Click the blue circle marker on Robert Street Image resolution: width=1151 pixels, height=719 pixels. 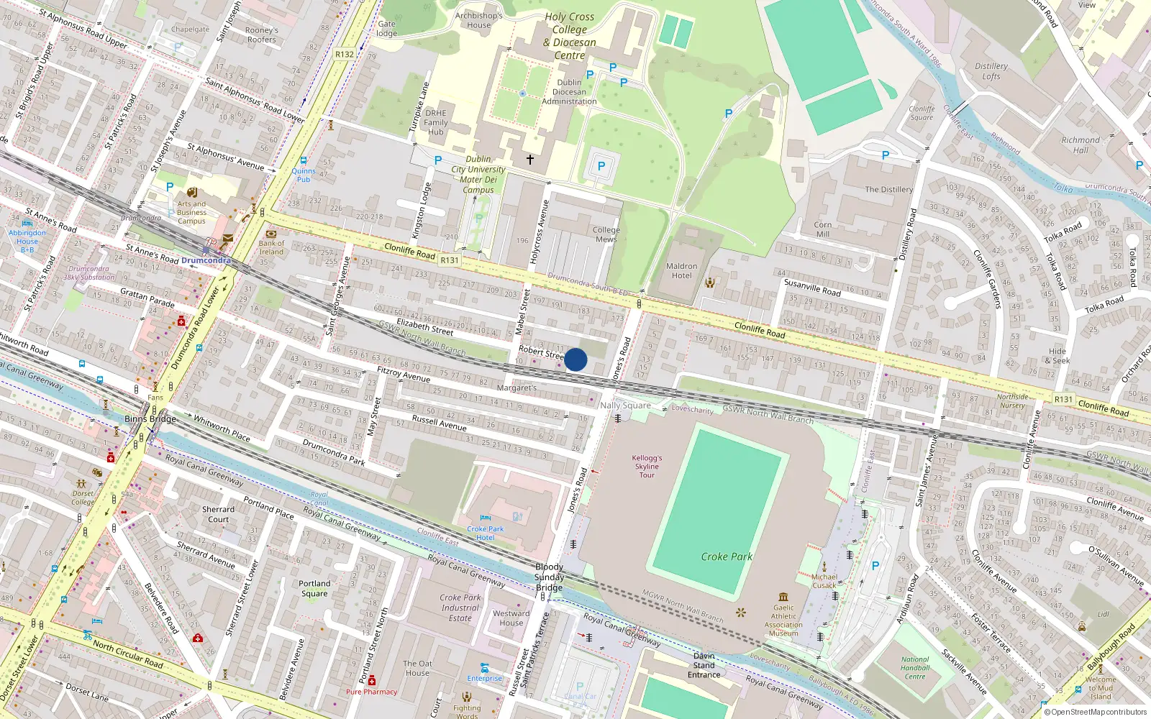pos(575,359)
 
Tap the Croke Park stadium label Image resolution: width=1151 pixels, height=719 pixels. pos(727,557)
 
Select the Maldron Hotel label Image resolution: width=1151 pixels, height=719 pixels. pos(681,271)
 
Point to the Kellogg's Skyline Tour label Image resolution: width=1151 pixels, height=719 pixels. pos(647,466)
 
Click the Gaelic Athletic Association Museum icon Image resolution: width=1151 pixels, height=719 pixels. pos(783,597)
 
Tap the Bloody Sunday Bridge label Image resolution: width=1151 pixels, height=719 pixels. pos(549,577)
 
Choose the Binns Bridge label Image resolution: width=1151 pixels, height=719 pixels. pos(150,418)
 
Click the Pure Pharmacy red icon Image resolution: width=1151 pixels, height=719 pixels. pos(371,680)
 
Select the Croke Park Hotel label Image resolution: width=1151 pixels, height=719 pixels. pos(485,533)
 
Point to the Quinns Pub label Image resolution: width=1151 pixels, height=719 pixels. pos(304,175)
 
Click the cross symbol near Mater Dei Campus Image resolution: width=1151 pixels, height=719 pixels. pos(530,159)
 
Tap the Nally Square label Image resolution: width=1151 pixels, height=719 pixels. pos(625,406)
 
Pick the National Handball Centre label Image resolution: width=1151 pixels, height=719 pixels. pos(915,668)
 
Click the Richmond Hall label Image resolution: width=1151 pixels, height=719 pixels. pos(1081,145)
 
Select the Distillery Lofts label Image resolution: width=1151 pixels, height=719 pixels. pos(991,71)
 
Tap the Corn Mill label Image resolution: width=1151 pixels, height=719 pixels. pos(823,229)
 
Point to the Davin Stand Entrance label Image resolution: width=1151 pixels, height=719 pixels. pos(704,665)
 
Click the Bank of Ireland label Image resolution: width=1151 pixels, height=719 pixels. pos(271,247)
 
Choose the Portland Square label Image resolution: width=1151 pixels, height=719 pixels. pos(314,588)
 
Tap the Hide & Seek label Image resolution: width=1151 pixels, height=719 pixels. pos(1057,356)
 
